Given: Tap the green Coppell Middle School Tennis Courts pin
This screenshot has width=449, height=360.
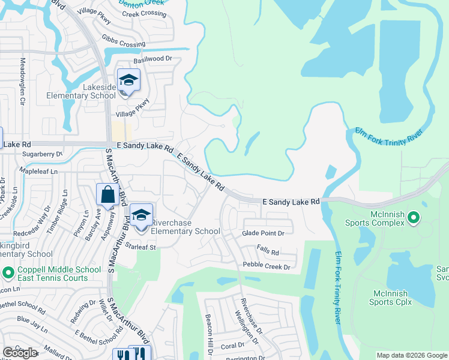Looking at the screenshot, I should pyautogui.click(x=8, y=273).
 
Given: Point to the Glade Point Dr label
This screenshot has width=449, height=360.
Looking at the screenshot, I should pyautogui.click(x=267, y=233).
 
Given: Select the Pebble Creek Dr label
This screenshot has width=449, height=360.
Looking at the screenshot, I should pyautogui.click(x=267, y=265).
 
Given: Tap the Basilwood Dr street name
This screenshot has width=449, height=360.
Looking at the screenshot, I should pyautogui.click(x=152, y=59).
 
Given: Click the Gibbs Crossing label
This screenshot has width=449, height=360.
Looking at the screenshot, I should pyautogui.click(x=124, y=44).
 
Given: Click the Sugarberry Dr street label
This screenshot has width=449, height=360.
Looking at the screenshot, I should pyautogui.click(x=42, y=154).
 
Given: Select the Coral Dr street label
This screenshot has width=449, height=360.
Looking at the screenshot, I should pyautogui.click(x=232, y=346).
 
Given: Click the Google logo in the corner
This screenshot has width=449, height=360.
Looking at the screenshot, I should pyautogui.click(x=20, y=352).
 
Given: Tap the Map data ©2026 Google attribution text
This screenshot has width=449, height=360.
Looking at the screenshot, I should pyautogui.click(x=411, y=355).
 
